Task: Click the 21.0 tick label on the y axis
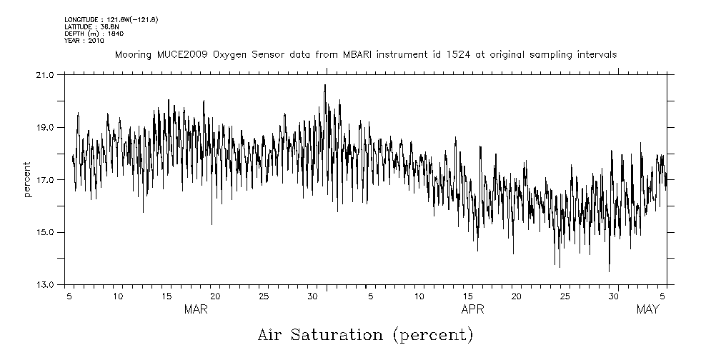pyautogui.click(x=45, y=75)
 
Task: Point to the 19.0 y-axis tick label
pyautogui.click(x=45, y=127)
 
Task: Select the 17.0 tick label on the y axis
pyautogui.click(x=45, y=180)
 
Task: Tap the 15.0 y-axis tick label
pyautogui.click(x=45, y=232)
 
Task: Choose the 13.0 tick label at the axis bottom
pyautogui.click(x=45, y=284)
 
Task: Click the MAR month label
pyautogui.click(x=197, y=309)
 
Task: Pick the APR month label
pyautogui.click(x=473, y=309)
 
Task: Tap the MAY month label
pyautogui.click(x=647, y=309)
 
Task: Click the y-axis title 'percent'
pyautogui.click(x=28, y=179)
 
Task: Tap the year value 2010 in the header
pyautogui.click(x=96, y=41)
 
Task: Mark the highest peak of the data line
pyautogui.click(x=325, y=85)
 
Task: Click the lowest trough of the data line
pyautogui.click(x=609, y=271)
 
